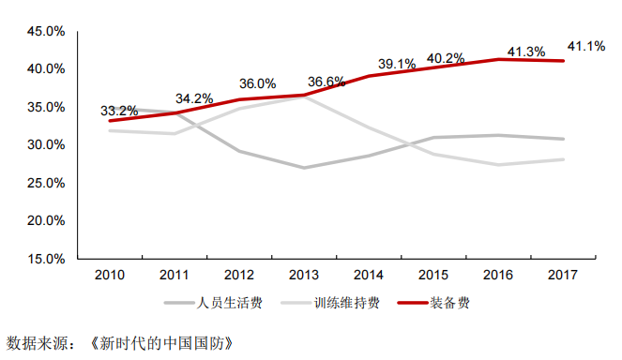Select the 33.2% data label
(x=119, y=111)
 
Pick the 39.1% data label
(x=397, y=64)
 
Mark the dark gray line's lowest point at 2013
(x=303, y=168)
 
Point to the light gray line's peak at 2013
(x=303, y=97)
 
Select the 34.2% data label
(x=195, y=98)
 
